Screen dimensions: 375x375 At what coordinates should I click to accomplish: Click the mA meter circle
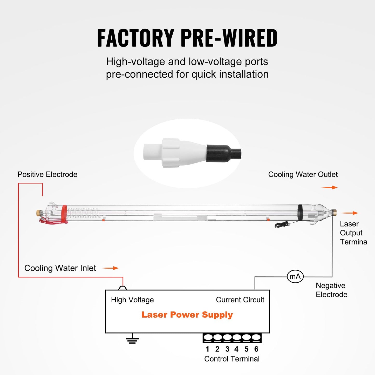tap(295, 276)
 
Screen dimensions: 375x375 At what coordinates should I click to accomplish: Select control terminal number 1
tap(208, 338)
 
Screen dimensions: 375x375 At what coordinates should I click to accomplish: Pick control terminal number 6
tap(256, 338)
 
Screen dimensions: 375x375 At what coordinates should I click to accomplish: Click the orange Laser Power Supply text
tap(187, 315)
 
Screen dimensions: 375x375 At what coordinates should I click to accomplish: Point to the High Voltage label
tap(132, 300)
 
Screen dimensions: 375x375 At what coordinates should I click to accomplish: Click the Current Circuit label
tap(240, 300)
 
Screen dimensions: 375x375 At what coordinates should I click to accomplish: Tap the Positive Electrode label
tap(47, 174)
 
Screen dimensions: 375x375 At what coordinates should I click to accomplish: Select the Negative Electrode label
tap(331, 290)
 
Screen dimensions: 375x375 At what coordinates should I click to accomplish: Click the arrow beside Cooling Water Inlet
tap(111, 268)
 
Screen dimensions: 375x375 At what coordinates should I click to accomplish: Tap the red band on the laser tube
tap(64, 213)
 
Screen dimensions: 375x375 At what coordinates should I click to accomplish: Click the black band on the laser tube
tap(300, 213)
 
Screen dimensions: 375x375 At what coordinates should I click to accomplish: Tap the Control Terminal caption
tap(232, 359)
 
